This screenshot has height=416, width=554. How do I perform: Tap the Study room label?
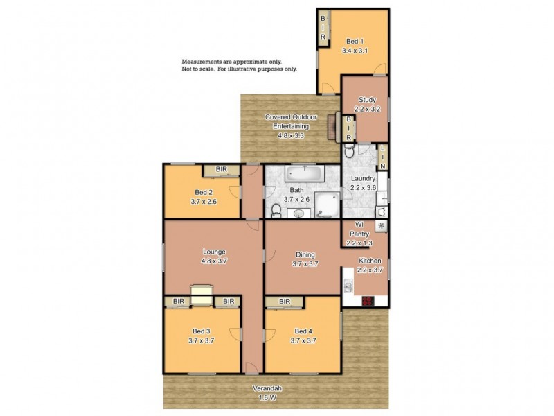click(x=366, y=105)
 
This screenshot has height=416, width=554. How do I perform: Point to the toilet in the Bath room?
click(x=276, y=209)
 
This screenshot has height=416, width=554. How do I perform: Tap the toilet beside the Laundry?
click(x=350, y=151)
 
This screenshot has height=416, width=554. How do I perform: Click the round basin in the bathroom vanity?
click(x=300, y=213)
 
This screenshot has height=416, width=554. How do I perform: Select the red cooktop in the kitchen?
click(x=368, y=300)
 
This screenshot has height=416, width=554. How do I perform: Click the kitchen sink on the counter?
click(x=348, y=285)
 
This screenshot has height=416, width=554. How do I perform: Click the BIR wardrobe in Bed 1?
click(x=323, y=28)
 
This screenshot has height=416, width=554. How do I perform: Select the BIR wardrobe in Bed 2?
click(x=222, y=169)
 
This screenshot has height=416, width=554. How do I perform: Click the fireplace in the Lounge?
click(x=202, y=295)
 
